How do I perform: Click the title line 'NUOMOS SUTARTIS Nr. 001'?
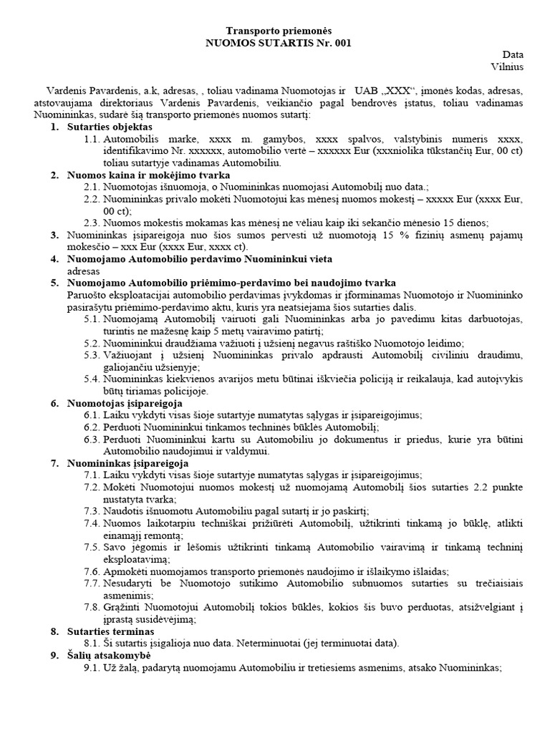[279, 43]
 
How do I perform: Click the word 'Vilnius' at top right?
[507, 67]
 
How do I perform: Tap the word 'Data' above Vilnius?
[513, 54]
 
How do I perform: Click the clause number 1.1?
[93, 139]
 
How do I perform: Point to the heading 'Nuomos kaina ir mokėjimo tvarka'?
[148, 175]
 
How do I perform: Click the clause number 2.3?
[93, 223]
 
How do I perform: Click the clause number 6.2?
[93, 427]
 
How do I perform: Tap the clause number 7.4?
[93, 523]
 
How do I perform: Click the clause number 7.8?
[93, 608]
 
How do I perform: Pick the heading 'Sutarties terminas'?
[110, 631]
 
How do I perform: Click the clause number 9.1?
[93, 668]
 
